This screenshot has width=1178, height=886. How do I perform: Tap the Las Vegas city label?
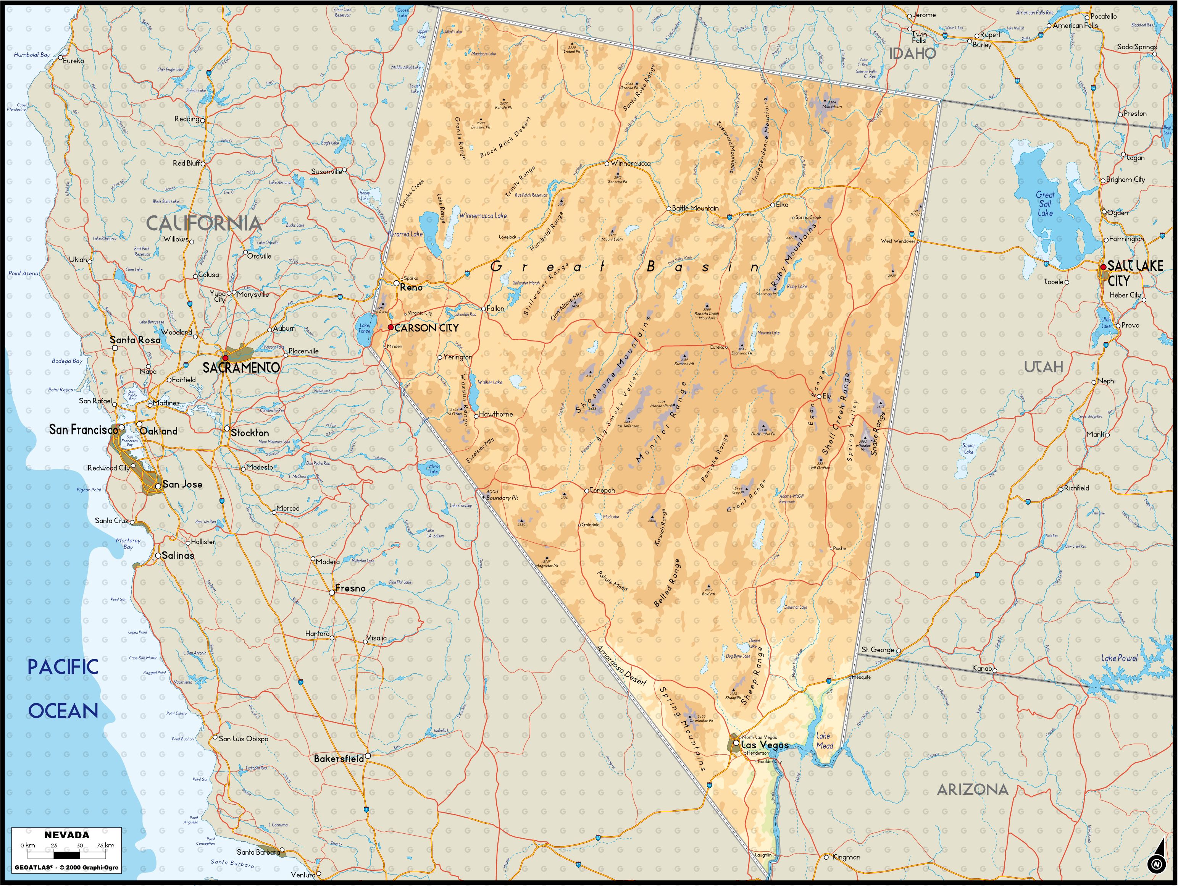764,745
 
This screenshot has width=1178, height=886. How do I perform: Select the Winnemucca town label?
631,163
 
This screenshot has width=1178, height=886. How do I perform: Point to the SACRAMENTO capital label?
241,367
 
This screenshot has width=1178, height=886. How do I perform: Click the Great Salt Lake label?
1045,204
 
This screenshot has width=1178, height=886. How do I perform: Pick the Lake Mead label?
824,740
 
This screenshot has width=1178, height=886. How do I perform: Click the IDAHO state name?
912,53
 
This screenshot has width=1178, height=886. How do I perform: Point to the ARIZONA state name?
972,789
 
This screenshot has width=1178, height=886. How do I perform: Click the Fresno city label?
350,588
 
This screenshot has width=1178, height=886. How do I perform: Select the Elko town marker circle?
773,205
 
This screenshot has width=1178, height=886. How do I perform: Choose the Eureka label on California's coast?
74,61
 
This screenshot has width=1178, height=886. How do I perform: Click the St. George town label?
878,650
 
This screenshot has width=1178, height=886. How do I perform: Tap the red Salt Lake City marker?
1103,267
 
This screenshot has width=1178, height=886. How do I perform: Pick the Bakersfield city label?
339,758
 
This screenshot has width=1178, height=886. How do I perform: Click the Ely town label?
826,396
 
